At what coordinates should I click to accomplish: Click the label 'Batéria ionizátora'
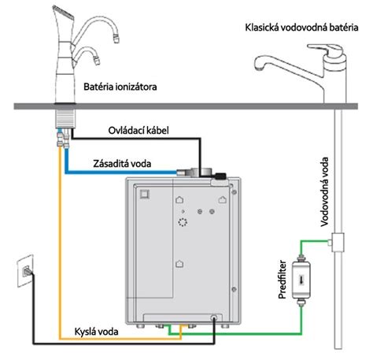pyautogui.click(x=120, y=87)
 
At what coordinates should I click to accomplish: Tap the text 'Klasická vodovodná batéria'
pyautogui.click(x=301, y=28)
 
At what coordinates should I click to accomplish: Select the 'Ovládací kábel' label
pyautogui.click(x=138, y=131)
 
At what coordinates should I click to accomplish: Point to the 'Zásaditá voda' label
pyautogui.click(x=122, y=164)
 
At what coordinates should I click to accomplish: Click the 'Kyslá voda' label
pyautogui.click(x=96, y=332)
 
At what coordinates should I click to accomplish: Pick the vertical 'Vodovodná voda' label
pyautogui.click(x=324, y=191)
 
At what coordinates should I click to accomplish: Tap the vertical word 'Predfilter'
pyautogui.click(x=282, y=280)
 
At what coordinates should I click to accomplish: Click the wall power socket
pyautogui.click(x=25, y=270)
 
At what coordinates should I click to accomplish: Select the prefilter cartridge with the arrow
pyautogui.click(x=301, y=280)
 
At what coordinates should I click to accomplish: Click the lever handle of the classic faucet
pyautogui.click(x=326, y=49)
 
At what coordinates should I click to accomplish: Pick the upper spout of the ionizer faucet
pyautogui.click(x=98, y=28)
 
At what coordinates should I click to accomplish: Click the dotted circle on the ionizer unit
pyautogui.click(x=183, y=222)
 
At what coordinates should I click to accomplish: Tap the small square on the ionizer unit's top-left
pyautogui.click(x=145, y=195)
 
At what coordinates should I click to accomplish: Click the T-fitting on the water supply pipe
pyautogui.click(x=337, y=243)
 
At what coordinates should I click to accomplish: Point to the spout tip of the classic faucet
pyautogui.click(x=259, y=68)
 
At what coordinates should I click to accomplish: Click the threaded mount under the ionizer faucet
pyautogui.click(x=65, y=119)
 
